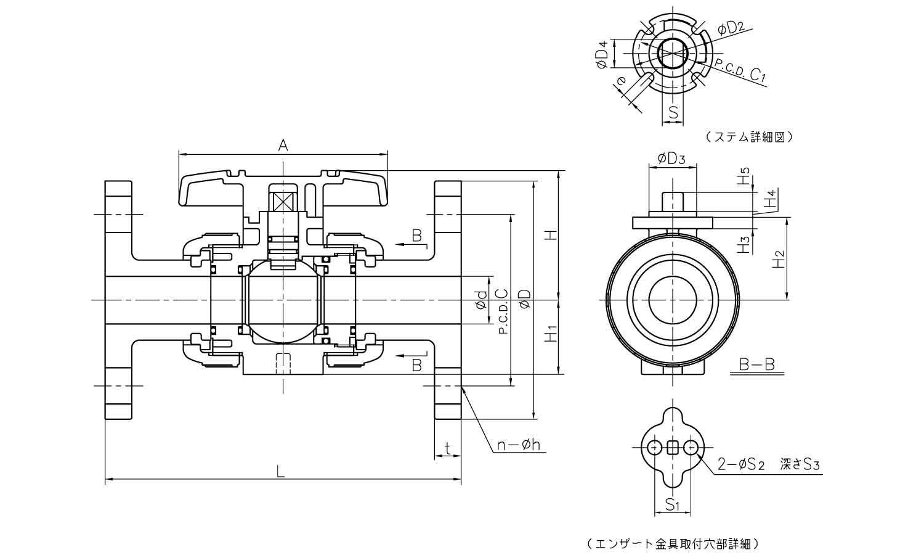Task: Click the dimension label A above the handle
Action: pyautogui.click(x=283, y=145)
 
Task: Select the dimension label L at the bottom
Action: pyautogui.click(x=281, y=472)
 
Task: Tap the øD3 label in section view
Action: pyautogui.click(x=671, y=158)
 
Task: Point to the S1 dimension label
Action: pyautogui.click(x=673, y=506)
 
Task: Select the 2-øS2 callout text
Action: pyautogui.click(x=741, y=464)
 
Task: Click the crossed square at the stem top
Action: pyautogui.click(x=283, y=202)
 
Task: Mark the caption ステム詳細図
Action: pyautogui.click(x=747, y=137)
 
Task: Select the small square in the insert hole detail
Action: pyautogui.click(x=673, y=447)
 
